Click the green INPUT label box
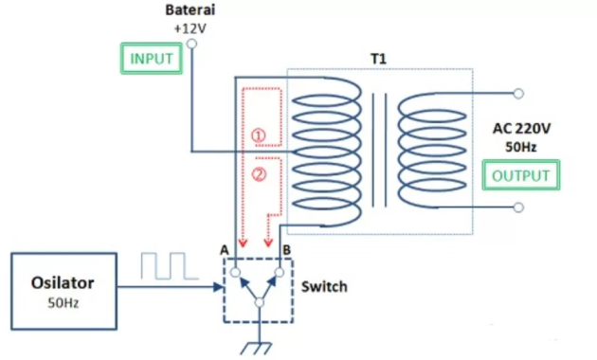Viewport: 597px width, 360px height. (152, 59)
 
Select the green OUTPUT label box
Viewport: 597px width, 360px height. (519, 175)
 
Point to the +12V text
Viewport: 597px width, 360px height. (190, 28)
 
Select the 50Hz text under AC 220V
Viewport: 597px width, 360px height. (519, 148)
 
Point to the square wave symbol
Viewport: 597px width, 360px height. (168, 266)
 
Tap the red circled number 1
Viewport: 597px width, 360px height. (259, 135)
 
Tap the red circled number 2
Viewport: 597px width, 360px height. (259, 174)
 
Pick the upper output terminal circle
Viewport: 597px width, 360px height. (518, 93)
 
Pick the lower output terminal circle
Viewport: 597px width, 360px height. (518, 207)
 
